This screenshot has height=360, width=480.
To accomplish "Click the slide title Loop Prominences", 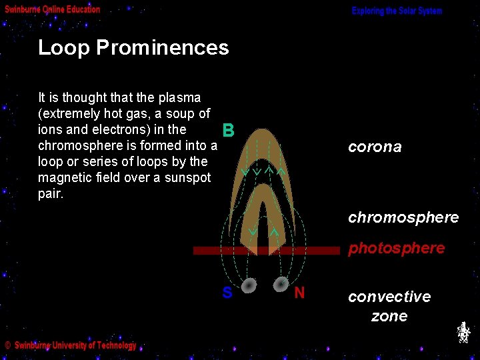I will [133, 48].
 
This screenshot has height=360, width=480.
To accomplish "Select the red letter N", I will [299, 293].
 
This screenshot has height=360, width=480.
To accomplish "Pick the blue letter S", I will [227, 293].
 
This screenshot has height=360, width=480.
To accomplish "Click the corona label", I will [375, 147].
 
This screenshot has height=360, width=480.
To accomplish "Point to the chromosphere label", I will [403, 217].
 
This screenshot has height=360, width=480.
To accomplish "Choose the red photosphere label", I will [396, 248].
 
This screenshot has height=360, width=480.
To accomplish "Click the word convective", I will [389, 297].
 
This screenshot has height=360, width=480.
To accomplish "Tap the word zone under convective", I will [389, 316].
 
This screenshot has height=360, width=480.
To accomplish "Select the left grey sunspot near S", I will [248, 285].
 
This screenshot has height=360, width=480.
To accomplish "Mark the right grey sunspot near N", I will [281, 283].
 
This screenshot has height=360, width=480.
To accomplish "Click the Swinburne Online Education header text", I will [53, 10].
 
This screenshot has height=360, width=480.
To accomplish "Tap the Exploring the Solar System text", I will [397, 11].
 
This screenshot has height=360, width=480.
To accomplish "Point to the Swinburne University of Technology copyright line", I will [71, 345].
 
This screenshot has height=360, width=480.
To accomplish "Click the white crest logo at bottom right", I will [463, 332].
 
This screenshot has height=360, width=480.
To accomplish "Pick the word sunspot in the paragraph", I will [188, 178].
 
